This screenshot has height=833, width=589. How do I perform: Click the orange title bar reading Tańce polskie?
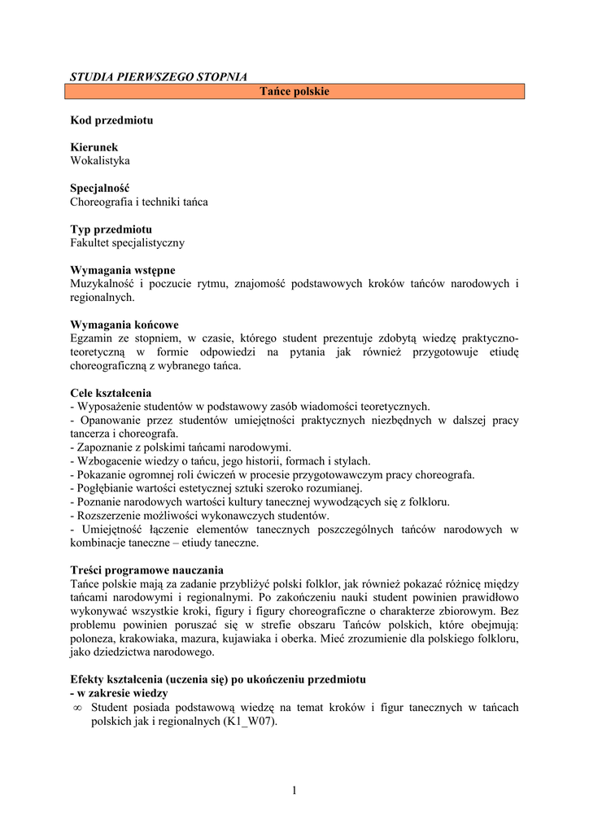point(294,91)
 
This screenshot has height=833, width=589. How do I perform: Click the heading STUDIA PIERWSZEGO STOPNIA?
point(159,76)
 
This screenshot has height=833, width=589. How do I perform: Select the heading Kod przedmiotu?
point(111,120)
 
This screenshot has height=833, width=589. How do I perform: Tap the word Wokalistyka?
point(100,160)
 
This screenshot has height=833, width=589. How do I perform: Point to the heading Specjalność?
point(100,188)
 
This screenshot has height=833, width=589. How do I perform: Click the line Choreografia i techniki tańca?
point(139,202)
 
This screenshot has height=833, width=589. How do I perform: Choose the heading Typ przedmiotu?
point(111,229)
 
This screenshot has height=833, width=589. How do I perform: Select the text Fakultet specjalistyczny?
point(128,242)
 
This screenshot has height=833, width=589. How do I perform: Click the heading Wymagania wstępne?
point(123,270)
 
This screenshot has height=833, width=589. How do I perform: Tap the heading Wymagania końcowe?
point(124,325)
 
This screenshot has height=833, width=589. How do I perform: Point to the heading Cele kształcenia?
point(111,393)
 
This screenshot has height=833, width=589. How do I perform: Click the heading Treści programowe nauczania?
point(146,570)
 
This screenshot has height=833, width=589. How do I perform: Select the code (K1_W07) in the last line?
point(248,721)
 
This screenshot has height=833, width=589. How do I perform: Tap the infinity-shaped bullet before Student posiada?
point(77,708)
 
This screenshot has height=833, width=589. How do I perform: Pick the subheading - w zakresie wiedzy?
point(119,693)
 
